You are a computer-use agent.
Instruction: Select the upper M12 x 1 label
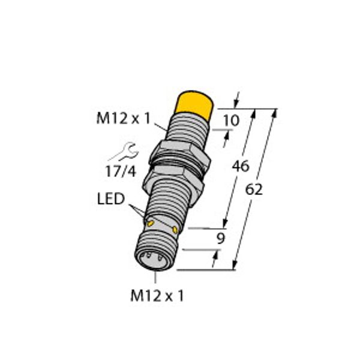pyautogui.click(x=122, y=119)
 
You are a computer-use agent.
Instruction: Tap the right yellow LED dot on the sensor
pyautogui.click(x=175, y=229)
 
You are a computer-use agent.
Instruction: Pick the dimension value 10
pyautogui.click(x=230, y=121)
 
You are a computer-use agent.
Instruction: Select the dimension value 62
pyautogui.click(x=254, y=190)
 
